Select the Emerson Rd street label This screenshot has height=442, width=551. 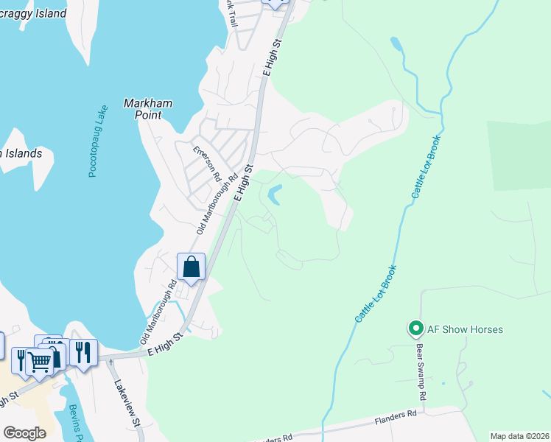[x=207, y=164]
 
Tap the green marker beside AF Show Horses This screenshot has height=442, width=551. [x=415, y=329]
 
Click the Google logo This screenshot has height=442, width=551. [x=24, y=433]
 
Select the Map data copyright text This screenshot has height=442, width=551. [x=519, y=436]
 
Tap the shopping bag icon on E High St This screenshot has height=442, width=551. [x=191, y=267]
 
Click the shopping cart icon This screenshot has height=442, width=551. [x=39, y=361]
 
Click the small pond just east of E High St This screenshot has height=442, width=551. [x=274, y=195]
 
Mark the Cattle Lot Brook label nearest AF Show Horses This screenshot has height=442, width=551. [x=376, y=293]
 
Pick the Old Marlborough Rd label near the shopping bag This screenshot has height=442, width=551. [x=159, y=312]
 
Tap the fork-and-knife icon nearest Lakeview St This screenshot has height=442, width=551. [x=83, y=351]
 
